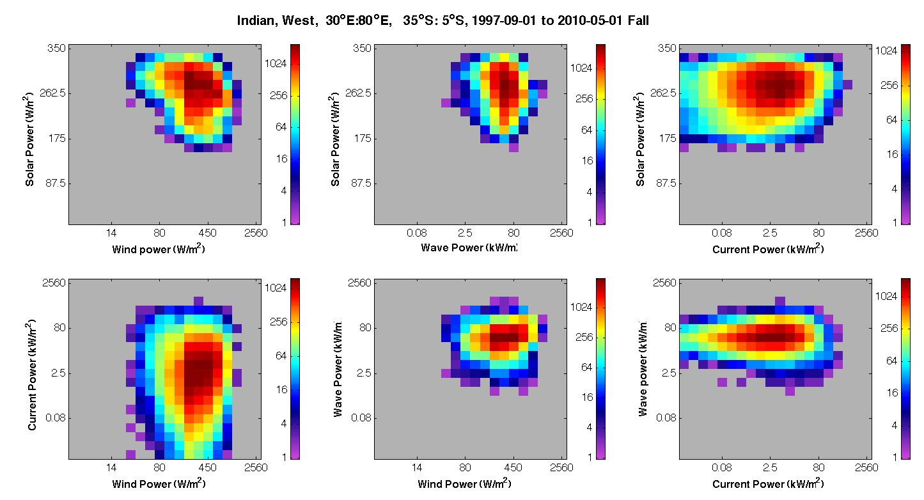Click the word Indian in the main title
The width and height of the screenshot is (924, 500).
pos(256,20)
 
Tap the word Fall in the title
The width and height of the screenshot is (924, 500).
pos(638,20)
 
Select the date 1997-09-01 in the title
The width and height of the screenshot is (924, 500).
pos(503,20)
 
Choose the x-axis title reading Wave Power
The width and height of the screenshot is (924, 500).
pos(469,247)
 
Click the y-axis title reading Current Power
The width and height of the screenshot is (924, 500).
pos(31,375)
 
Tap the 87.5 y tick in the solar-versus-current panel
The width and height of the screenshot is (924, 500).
pos(666,183)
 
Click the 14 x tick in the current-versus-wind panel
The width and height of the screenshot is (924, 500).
pos(111,467)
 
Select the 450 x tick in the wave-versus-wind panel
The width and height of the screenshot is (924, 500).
pos(513,467)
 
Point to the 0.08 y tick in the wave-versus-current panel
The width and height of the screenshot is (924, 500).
pos(666,418)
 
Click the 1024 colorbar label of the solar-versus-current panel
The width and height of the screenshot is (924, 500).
pos(886,51)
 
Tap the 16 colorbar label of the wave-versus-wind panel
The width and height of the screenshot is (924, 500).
pos(587,397)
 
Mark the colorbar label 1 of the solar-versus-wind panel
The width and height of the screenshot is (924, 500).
pos(284,223)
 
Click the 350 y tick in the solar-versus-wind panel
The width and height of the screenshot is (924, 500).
pos(56,48)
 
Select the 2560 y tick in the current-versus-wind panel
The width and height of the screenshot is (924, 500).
pos(54,283)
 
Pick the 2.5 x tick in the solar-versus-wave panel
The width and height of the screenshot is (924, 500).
pos(465,233)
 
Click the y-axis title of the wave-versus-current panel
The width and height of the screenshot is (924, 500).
pos(642,368)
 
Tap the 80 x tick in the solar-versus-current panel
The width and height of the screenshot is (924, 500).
pos(818,233)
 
